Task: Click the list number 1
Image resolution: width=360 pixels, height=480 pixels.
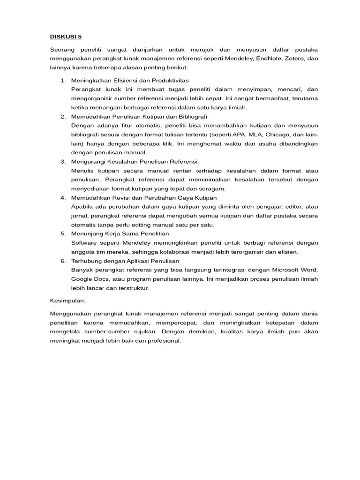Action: coord(63,81)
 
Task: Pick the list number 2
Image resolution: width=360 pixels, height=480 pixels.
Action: coord(63,116)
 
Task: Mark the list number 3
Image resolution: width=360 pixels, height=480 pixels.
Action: coord(63,161)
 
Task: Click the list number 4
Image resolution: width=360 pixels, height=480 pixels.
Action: coord(63,197)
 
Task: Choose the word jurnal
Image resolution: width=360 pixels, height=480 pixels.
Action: coord(79,216)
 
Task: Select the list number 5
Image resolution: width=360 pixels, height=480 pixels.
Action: coord(63,233)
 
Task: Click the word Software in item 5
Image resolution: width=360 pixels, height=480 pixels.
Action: coord(84,242)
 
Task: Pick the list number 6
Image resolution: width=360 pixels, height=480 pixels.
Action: coord(63,261)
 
